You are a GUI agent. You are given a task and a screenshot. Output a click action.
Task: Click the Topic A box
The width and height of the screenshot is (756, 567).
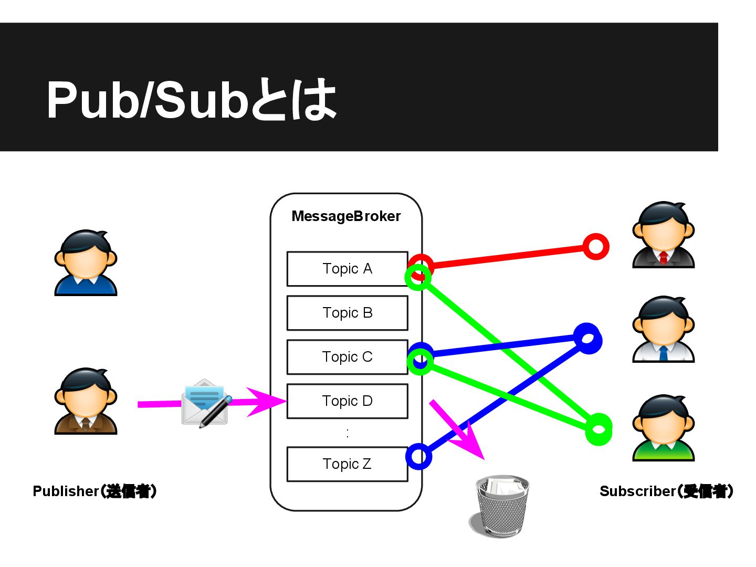[347, 269]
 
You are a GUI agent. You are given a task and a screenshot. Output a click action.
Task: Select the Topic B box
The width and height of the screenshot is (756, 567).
[347, 313]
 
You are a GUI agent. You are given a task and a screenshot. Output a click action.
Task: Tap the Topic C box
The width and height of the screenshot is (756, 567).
[347, 357]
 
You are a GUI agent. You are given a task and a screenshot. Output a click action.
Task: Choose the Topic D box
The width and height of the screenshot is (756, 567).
[347, 401]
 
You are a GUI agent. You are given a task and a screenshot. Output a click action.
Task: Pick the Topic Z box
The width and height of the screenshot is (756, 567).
[347, 464]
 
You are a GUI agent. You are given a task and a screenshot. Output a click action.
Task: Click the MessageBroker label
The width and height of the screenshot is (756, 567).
[346, 216]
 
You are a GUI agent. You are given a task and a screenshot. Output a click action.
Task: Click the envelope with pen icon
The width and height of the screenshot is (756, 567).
[206, 403]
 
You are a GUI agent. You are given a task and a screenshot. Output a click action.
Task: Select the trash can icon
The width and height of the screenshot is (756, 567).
[500, 506]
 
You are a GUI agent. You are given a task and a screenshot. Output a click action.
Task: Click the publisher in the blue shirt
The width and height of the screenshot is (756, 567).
[86, 262]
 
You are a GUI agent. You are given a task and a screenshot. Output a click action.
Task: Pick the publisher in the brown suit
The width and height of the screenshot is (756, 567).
[86, 401]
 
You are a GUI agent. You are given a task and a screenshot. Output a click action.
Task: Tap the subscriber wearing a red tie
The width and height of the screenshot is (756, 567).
[664, 235]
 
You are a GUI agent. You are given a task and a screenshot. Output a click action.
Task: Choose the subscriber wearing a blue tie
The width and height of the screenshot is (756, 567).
[664, 330]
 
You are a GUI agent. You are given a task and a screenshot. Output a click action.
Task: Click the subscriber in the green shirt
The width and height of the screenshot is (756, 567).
[664, 428]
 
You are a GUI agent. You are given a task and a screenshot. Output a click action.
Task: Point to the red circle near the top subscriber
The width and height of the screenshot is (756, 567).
[596, 246]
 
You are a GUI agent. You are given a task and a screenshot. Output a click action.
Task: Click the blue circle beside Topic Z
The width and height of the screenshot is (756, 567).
[419, 457]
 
